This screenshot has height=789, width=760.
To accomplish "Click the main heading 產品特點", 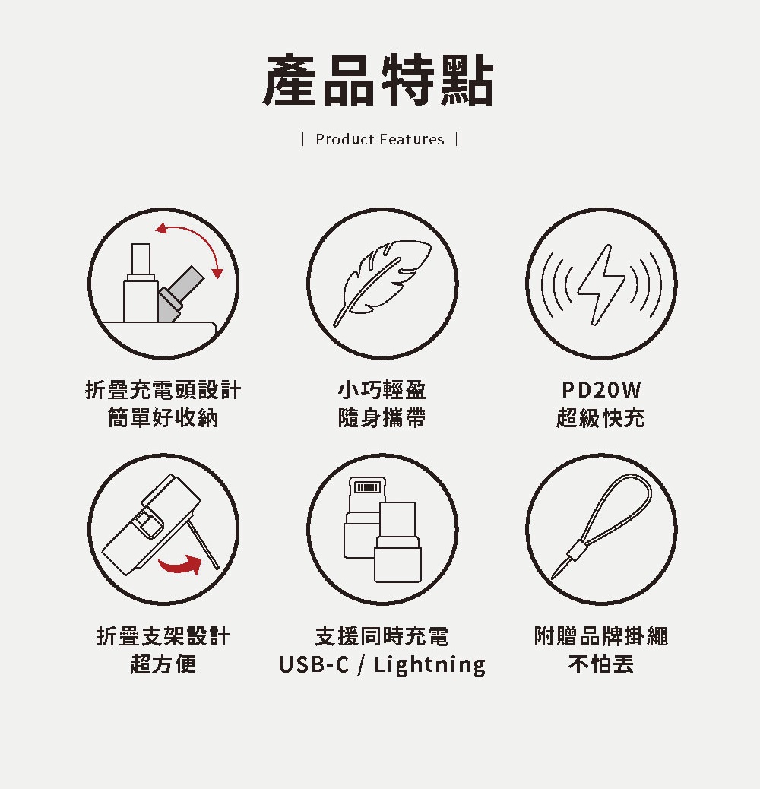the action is (378, 81).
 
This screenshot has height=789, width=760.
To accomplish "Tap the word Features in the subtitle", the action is (412, 139).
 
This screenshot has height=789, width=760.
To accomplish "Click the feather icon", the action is (382, 283).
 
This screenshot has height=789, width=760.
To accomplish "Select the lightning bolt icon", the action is (602, 285).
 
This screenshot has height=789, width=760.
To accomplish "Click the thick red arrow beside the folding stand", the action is (180, 564).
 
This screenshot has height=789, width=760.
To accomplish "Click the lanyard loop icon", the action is (602, 525).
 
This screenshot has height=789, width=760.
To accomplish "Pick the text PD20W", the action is (601, 390).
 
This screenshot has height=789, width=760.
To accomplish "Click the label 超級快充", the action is (601, 417).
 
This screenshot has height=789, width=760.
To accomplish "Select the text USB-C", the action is (313, 664).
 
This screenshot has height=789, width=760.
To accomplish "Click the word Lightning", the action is (430, 664).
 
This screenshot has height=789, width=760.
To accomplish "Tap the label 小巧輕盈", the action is (382, 390).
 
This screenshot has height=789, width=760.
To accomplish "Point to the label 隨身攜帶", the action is (382, 417).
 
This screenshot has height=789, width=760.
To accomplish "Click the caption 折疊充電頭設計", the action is (163, 390).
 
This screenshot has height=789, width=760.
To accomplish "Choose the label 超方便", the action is (163, 664).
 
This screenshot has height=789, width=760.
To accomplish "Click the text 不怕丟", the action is (601, 664).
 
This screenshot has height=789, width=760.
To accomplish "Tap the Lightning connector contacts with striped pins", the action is (367, 487).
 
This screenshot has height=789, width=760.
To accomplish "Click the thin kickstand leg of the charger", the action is (203, 545).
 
